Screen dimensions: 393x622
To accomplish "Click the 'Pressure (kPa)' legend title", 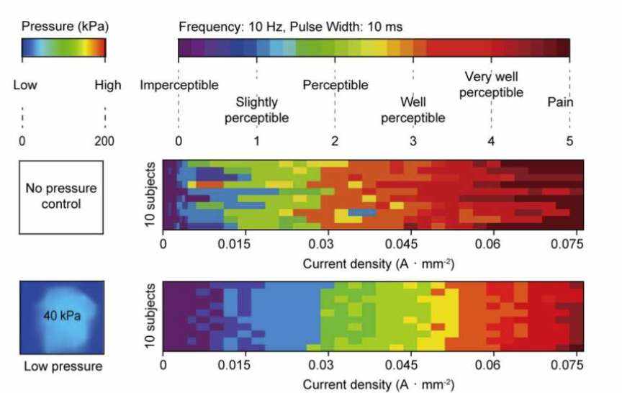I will click(65, 27).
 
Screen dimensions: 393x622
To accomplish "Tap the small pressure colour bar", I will click(64, 48).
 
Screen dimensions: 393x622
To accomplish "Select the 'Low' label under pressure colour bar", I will click(25, 86).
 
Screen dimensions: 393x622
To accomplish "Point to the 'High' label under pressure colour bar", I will click(108, 86).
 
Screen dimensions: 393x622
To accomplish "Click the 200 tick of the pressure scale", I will click(104, 141).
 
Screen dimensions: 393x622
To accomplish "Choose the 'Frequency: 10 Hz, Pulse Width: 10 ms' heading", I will click(290, 27).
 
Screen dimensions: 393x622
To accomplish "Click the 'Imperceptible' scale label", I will click(179, 86).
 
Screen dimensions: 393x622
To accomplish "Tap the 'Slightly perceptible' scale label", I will click(257, 110).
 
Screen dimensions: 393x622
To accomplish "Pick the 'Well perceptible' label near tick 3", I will click(413, 110).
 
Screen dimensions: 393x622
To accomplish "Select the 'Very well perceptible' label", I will click(491, 84).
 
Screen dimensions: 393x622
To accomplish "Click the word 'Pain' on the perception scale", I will click(560, 102).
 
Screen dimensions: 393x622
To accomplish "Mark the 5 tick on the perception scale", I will click(569, 141).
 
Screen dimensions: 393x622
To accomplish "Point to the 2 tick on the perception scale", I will click(335, 141).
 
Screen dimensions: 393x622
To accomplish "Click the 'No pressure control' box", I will click(63, 196).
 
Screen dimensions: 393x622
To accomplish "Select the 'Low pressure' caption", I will click(63, 366).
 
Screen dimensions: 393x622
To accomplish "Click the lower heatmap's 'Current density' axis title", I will click(378, 385).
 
